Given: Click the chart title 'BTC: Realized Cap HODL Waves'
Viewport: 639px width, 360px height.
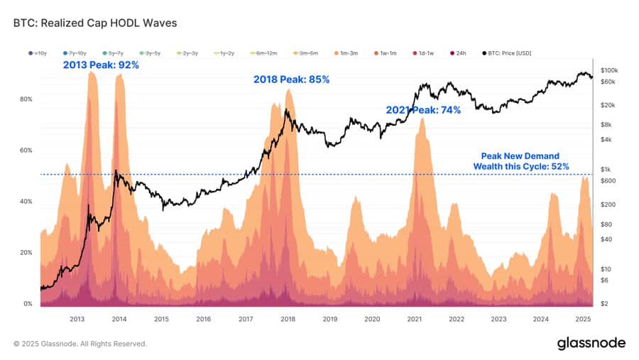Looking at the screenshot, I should coord(95,23).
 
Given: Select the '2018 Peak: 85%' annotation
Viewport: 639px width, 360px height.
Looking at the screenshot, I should coord(291,80).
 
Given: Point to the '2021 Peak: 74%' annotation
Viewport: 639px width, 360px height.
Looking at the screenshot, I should coord(423,110).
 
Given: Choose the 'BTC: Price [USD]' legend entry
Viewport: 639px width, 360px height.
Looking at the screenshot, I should coord(508,53).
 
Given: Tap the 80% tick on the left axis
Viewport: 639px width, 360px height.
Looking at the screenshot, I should coord(26,99).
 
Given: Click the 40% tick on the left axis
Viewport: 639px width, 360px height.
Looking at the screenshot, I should coord(26,202).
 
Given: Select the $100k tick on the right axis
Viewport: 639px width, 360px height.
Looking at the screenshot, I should coord(609,70).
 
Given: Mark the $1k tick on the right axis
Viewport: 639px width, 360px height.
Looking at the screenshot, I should coord(606,169).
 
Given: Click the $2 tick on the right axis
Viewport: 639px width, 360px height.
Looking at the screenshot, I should coord(603,304).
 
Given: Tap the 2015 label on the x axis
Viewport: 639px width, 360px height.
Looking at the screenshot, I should coord(161,320).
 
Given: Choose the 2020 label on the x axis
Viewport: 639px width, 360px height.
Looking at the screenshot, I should coord(372,320).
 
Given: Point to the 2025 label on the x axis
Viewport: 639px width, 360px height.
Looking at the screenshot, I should coord(583,320).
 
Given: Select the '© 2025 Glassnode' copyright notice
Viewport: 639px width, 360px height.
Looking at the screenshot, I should coord(80,344).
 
